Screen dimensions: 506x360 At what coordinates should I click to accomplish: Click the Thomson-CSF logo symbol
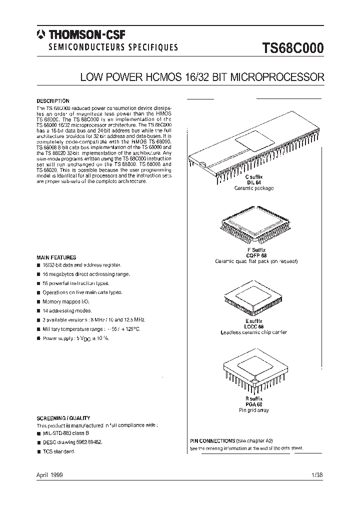40,35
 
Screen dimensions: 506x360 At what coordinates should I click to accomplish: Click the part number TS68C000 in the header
293,49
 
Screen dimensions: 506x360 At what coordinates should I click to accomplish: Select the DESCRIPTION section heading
53,101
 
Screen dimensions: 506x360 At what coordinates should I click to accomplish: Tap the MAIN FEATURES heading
56,257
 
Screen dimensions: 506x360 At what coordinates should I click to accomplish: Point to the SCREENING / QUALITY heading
63,418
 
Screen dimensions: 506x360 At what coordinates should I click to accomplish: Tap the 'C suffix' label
253,177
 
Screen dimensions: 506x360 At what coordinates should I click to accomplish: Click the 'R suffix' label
254,398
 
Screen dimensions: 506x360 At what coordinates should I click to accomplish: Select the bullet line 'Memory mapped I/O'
66,301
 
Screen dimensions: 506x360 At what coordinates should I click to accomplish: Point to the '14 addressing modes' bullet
67,310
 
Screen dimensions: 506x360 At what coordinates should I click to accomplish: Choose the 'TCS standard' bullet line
58,451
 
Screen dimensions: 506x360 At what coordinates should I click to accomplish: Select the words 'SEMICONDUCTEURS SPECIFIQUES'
112,48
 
